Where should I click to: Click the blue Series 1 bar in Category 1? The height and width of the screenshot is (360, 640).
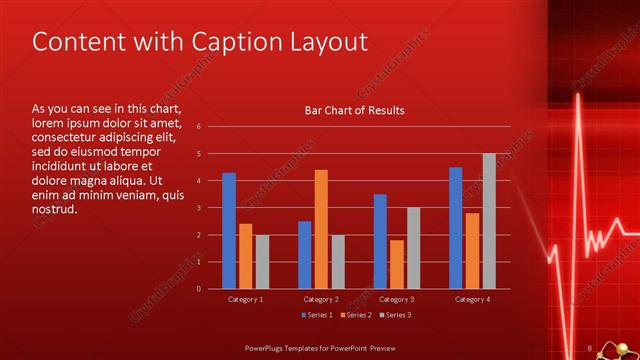pos(229,231)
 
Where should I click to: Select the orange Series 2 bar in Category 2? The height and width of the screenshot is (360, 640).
pos(321,229)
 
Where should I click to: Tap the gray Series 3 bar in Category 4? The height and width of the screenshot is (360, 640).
pos(489,221)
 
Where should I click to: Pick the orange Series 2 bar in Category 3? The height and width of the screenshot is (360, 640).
pos(397,264)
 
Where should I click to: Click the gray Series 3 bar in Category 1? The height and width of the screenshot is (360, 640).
pos(262,262)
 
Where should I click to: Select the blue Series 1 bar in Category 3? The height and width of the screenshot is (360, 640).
pos(380,241)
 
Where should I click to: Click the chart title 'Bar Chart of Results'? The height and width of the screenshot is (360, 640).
pos(354,110)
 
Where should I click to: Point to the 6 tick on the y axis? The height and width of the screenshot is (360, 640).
pos(199,127)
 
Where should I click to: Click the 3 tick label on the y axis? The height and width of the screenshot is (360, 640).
pos(199,208)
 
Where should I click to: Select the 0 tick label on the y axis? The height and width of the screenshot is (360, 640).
pos(199,289)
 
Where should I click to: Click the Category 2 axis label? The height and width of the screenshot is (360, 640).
pos(321,299)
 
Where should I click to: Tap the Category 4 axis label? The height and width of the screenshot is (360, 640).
pos(472,299)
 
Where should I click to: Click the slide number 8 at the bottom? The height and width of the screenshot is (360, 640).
pos(590,347)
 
